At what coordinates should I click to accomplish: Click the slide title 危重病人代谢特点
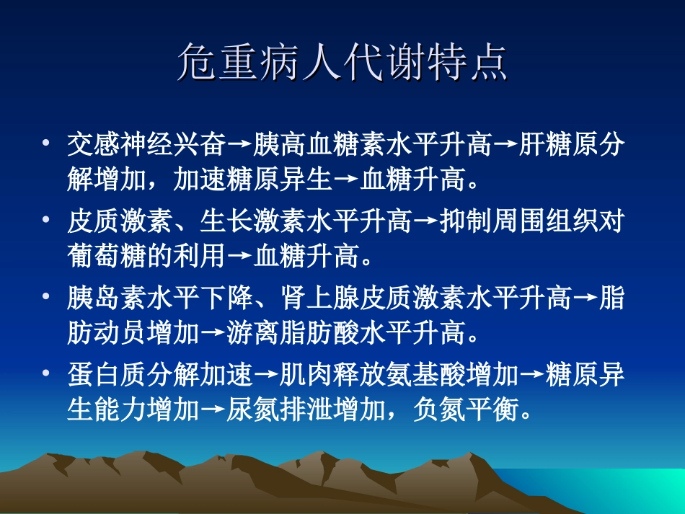(x=342, y=63)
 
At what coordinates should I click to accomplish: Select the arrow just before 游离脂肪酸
(x=212, y=334)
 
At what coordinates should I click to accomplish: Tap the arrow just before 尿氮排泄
(x=212, y=411)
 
